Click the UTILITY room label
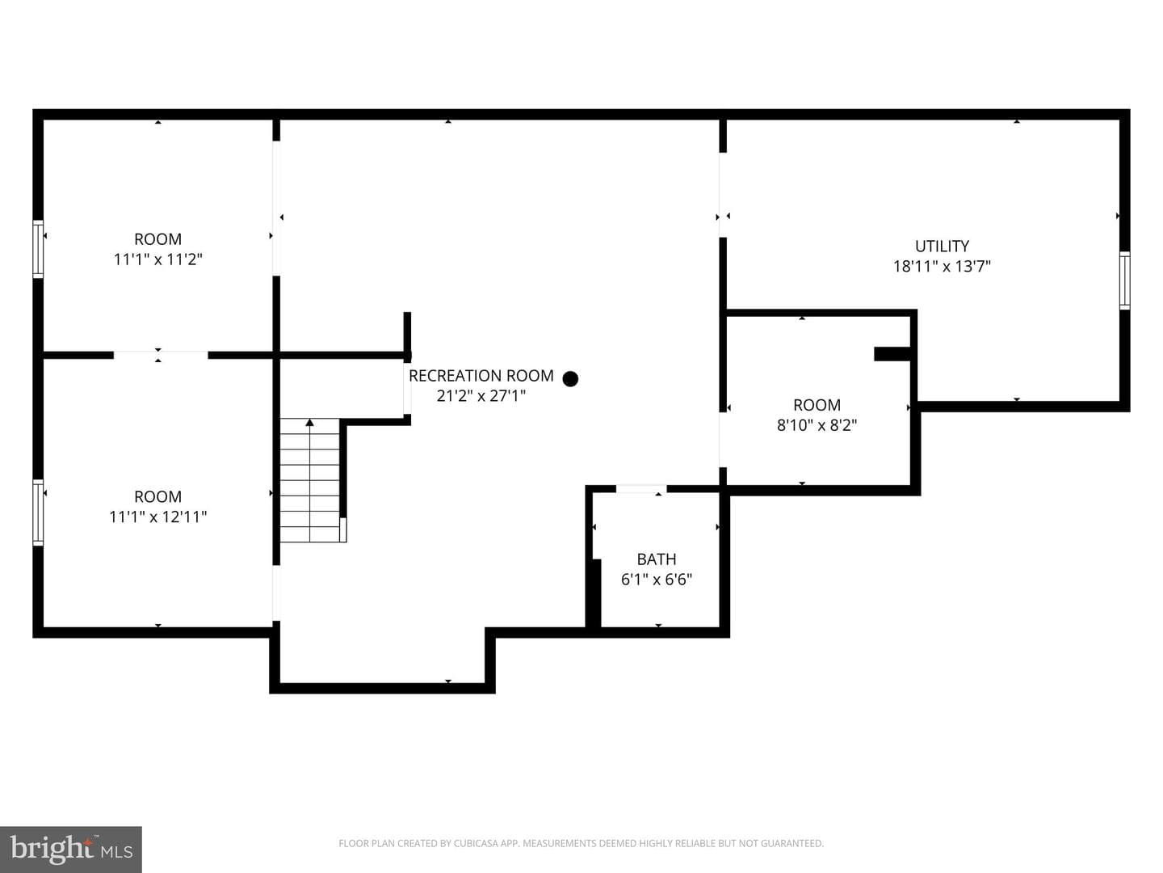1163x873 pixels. click(x=942, y=246)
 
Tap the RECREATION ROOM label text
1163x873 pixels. click(x=481, y=376)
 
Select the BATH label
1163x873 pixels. click(x=657, y=559)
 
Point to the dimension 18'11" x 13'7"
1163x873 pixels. click(x=942, y=266)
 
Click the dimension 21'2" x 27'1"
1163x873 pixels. click(x=481, y=396)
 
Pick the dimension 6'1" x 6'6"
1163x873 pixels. click(x=657, y=580)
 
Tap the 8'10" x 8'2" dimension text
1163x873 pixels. click(x=817, y=425)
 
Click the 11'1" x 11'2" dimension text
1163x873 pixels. click(x=157, y=259)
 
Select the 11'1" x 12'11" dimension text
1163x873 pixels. click(x=157, y=517)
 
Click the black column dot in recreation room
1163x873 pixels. click(x=570, y=379)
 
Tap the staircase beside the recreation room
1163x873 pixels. click(x=310, y=480)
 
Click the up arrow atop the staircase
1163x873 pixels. click(x=310, y=422)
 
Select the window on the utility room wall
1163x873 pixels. click(x=1124, y=280)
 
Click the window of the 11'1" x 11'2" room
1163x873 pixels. click(x=38, y=249)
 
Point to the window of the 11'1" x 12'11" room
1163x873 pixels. click(x=38, y=512)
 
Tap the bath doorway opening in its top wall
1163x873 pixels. click(x=640, y=489)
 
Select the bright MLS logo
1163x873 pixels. click(x=71, y=850)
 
